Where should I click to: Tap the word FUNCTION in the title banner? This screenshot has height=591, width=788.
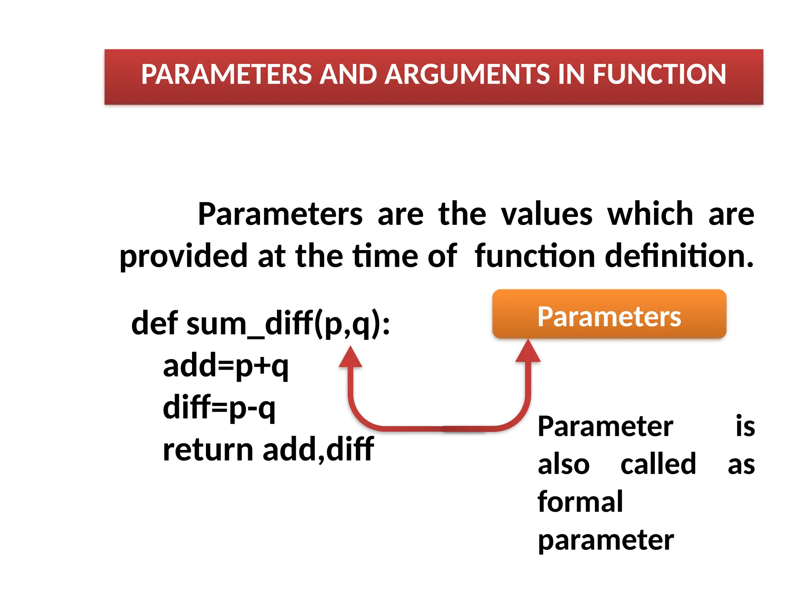tap(659, 74)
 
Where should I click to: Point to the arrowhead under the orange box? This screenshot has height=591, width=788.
tap(528, 351)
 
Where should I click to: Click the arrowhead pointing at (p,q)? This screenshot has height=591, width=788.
tap(350, 357)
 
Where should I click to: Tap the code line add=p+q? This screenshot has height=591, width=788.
tap(226, 366)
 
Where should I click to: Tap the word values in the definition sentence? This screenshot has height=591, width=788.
tap(546, 214)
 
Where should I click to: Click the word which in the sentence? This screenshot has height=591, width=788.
tap(650, 214)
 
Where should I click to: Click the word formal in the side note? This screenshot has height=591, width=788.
tap(580, 502)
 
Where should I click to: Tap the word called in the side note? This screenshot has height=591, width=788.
tap(658, 464)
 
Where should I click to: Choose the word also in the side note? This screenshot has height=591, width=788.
tap(563, 464)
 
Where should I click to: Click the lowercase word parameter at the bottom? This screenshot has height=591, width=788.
tap(606, 540)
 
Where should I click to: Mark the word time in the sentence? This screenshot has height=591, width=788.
tap(385, 256)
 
